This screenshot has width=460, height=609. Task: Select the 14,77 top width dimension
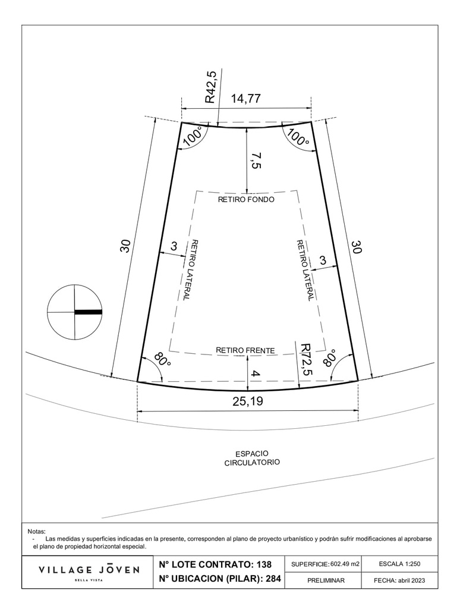click(246, 98)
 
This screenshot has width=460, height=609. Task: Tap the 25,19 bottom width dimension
click(248, 401)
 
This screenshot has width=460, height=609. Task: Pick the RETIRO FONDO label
click(246, 200)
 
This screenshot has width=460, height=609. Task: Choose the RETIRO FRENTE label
click(245, 350)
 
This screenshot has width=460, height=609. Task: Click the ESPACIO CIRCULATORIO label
click(252, 458)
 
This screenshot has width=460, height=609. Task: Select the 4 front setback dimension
click(256, 374)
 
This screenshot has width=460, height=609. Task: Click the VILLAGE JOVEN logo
click(89, 572)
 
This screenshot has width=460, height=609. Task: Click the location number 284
click(273, 578)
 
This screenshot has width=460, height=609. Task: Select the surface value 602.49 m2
click(344, 564)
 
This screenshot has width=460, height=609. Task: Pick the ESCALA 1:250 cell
click(399, 564)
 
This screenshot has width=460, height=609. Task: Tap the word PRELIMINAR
click(326, 580)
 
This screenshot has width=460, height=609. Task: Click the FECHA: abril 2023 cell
click(399, 580)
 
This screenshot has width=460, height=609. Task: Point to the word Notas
click(36, 531)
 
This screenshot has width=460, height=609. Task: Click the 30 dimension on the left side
click(125, 246)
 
